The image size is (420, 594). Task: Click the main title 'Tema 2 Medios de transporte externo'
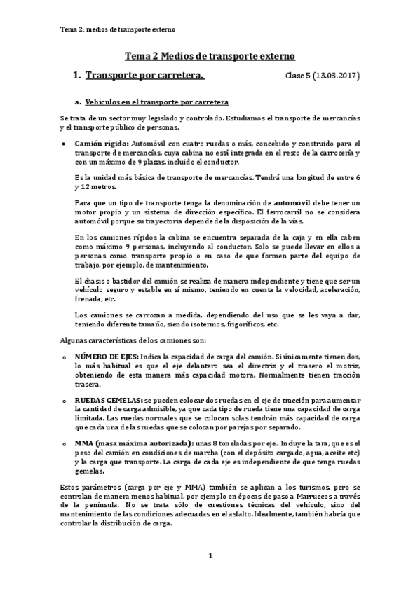tap(210, 55)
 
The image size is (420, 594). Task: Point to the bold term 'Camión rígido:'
tap(101, 142)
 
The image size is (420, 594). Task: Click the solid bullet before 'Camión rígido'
tap(65, 142)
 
